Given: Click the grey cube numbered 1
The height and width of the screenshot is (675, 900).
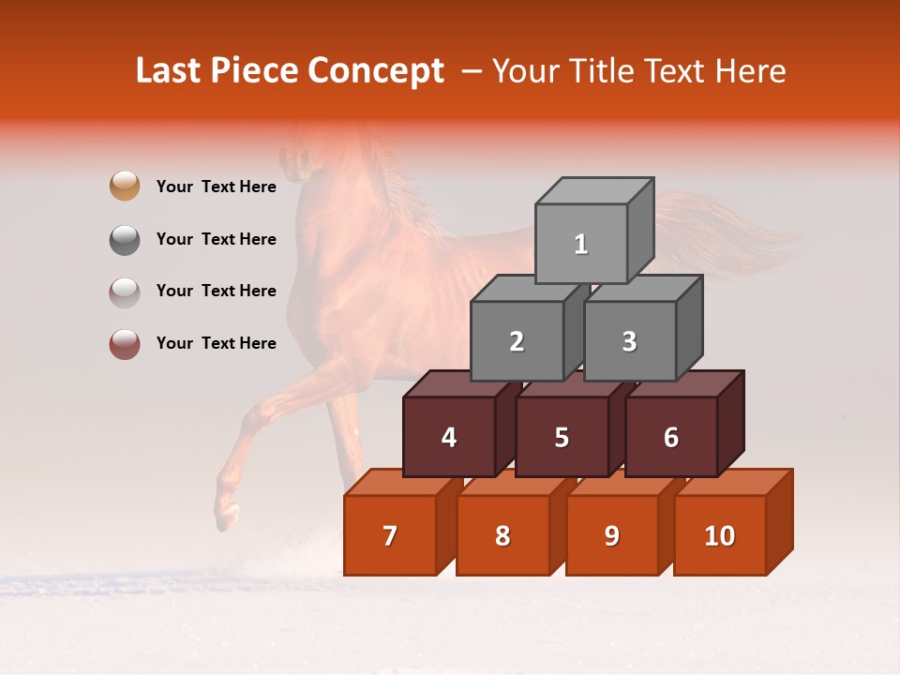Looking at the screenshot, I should click(x=581, y=244).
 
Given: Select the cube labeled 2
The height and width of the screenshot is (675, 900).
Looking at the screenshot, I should click(x=517, y=341).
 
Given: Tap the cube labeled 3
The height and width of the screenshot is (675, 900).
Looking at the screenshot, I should click(x=629, y=341).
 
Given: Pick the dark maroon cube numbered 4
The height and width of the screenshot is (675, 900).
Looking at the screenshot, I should click(x=449, y=437).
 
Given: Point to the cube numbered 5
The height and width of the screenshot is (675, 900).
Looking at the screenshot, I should click(x=562, y=437).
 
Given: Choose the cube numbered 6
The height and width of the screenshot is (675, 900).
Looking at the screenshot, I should click(x=671, y=437).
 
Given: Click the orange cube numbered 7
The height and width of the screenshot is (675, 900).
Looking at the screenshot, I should click(x=390, y=535).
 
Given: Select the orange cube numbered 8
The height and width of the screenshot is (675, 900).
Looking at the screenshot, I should click(x=502, y=535).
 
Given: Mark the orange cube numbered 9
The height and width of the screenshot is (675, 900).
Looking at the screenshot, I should click(x=612, y=535).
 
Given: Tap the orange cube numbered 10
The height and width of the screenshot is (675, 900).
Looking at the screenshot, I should click(x=720, y=535).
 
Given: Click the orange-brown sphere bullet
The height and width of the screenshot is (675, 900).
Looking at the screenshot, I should click(x=125, y=187).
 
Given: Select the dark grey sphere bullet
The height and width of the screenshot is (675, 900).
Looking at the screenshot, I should click(x=125, y=239).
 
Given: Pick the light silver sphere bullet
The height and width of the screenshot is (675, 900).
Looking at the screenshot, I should click(x=125, y=292).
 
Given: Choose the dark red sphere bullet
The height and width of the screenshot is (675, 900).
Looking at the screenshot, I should click(x=125, y=344).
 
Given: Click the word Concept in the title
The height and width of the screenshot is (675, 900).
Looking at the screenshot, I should click(x=376, y=71).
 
